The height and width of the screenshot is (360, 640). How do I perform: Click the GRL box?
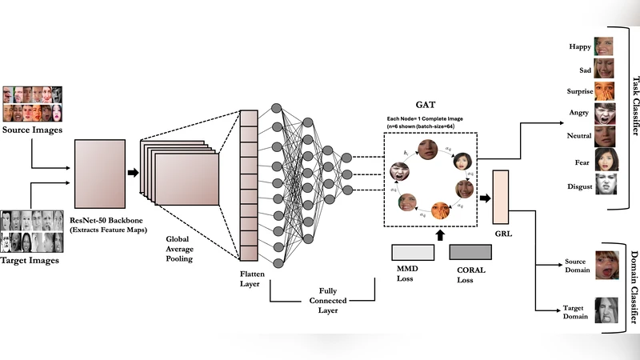click(x=502, y=197)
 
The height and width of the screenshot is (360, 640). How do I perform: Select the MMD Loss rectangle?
click(x=414, y=251)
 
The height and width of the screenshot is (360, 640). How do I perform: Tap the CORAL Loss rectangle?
click(x=471, y=251)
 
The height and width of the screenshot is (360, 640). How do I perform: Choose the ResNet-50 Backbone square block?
click(x=102, y=171)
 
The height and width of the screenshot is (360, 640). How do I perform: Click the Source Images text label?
click(x=33, y=130)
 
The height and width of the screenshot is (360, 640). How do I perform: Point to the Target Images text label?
click(x=32, y=261)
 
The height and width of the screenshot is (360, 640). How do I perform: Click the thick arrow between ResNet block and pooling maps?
click(x=133, y=171)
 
